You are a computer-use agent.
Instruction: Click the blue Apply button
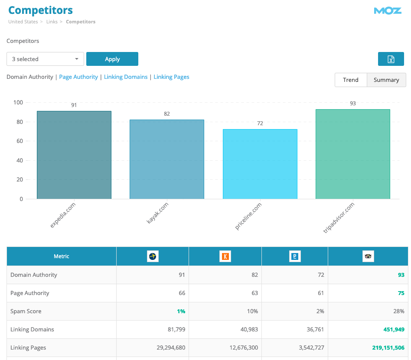coord(112,59)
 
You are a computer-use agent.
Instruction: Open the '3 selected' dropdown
coord(45,59)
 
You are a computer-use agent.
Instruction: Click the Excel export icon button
coord(391,59)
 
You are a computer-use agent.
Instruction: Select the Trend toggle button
coord(350,80)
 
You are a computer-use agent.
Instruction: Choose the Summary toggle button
coord(386,80)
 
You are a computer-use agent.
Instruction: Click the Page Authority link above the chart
coord(78,77)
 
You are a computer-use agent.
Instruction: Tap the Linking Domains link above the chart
coord(126,77)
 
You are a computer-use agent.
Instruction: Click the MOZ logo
coord(388,11)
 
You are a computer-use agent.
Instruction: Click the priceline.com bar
coord(260,164)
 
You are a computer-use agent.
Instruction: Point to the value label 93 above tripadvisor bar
coord(353,104)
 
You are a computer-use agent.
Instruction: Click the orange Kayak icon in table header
coord(225,256)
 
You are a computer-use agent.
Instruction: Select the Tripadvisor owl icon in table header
coord(368,256)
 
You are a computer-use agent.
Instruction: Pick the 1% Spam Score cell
coord(180,311)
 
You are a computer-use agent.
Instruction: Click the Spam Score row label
coord(26,311)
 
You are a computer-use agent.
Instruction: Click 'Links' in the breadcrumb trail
coord(52,22)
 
